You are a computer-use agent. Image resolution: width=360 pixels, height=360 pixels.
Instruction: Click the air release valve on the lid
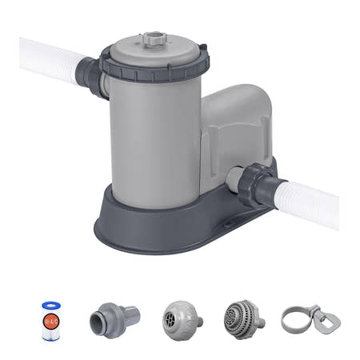pyautogui.click(x=151, y=38)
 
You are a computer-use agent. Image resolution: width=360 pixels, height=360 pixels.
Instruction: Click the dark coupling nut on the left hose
pyautogui.click(x=90, y=74)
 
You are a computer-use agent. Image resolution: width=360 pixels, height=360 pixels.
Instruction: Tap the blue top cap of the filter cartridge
pyautogui.click(x=52, y=306)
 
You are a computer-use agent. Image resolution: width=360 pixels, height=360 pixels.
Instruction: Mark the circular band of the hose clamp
pyautogui.click(x=294, y=318)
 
